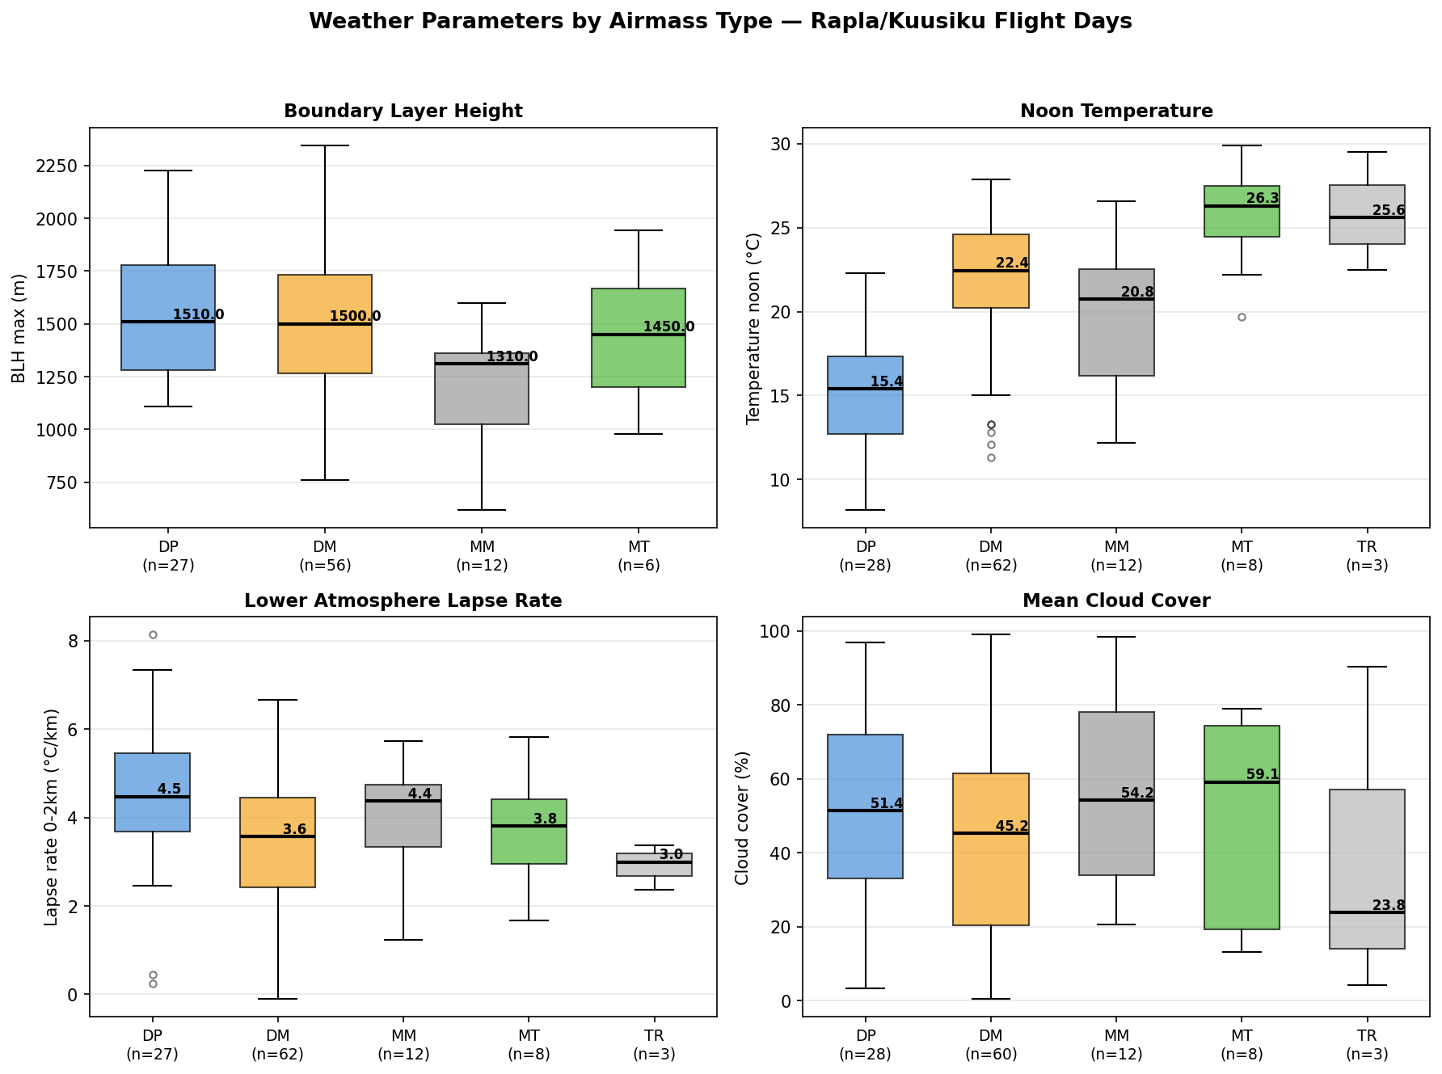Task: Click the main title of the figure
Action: point(720,22)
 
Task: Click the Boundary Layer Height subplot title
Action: point(403,112)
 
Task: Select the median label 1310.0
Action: point(512,356)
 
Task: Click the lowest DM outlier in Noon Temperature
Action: point(991,457)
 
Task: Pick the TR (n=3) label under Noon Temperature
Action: point(1367,556)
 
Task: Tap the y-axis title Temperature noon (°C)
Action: point(753,327)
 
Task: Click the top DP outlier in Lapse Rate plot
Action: point(153,634)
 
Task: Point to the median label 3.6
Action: point(294,829)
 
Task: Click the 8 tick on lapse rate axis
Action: point(74,642)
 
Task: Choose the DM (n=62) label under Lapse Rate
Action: point(277,1045)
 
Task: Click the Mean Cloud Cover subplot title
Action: point(1115,600)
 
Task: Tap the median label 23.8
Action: point(1388,906)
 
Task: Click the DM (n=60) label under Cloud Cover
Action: point(990,1045)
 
